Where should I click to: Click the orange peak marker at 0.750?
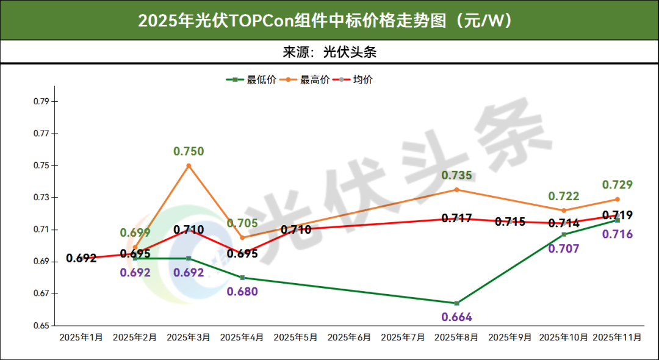coord(189,165)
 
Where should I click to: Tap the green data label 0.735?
coord(456,176)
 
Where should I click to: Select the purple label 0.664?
coord(456,317)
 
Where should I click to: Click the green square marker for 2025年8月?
coord(456,303)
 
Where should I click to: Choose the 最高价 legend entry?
coord(315,79)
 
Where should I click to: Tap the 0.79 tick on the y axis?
coord(41,101)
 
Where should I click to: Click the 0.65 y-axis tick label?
coord(41,326)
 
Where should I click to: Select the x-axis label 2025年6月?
coord(349,337)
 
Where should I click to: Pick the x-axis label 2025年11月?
coord(617,337)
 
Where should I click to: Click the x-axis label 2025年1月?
coord(81,337)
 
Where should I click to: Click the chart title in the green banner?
coord(329,20)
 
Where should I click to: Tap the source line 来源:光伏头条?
coord(329,52)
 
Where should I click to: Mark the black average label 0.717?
coord(456,218)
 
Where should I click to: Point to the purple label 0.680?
coord(242,292)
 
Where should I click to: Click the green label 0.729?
coord(617,185)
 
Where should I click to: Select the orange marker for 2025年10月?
coord(564,211)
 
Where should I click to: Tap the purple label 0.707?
coord(564,249)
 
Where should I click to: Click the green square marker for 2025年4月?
coord(242,278)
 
